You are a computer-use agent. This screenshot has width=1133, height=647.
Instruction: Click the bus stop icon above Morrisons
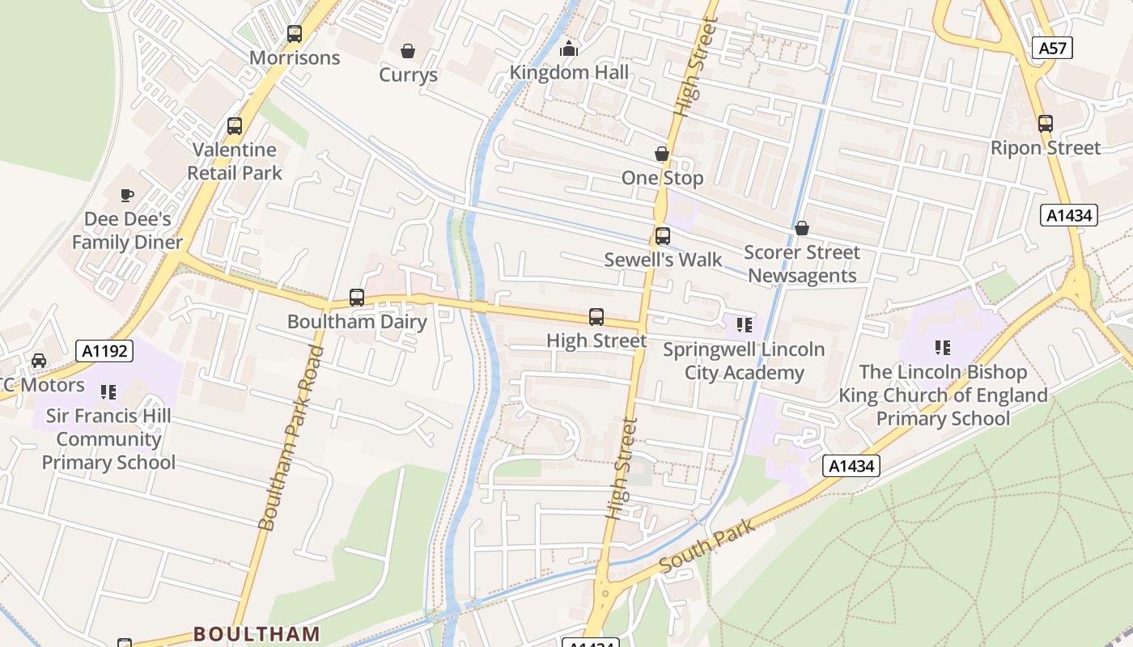click(x=295, y=34)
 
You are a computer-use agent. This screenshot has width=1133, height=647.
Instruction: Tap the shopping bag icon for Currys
click(x=408, y=51)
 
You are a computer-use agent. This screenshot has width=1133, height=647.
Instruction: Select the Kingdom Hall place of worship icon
click(x=569, y=49)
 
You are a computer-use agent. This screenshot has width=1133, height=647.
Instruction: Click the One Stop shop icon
click(x=662, y=154)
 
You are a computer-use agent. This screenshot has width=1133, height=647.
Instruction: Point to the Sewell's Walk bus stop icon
click(x=662, y=236)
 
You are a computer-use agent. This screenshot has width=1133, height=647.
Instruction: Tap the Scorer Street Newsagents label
click(x=801, y=264)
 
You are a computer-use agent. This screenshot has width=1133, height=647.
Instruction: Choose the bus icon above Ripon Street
click(x=1046, y=124)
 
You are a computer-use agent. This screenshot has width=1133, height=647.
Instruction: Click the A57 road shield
click(x=1052, y=49)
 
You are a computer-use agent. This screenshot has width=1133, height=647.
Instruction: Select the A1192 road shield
click(x=104, y=351)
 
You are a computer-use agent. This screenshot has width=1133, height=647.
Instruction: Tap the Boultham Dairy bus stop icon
click(x=357, y=298)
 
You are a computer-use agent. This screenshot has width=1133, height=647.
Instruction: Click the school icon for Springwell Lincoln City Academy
click(x=744, y=326)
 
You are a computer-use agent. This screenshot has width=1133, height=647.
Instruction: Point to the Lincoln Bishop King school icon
click(x=943, y=348)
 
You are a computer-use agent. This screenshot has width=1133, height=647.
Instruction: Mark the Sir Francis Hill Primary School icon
click(x=108, y=392)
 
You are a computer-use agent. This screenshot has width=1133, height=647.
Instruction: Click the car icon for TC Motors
click(x=38, y=361)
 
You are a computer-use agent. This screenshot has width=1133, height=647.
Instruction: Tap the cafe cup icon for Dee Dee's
click(x=127, y=195)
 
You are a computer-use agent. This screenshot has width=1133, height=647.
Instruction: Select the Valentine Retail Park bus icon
click(x=235, y=126)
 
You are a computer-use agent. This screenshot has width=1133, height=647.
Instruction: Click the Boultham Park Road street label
click(x=291, y=438)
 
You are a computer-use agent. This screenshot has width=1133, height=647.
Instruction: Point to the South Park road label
click(x=707, y=546)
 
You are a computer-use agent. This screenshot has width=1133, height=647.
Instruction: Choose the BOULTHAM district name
click(x=257, y=633)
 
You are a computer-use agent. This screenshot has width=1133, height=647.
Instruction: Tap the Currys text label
click(x=408, y=75)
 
